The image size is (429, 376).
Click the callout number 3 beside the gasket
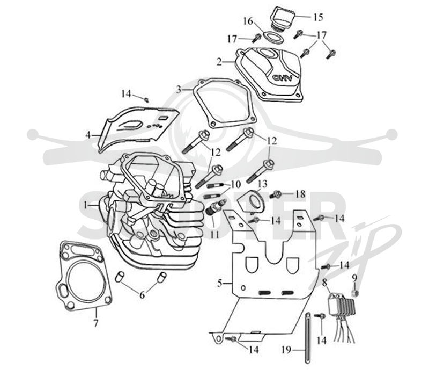[x=179, y=89]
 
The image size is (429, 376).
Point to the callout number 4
[x=88, y=135]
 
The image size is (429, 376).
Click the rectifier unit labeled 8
[x=342, y=304]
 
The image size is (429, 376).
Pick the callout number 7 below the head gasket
[x=95, y=324]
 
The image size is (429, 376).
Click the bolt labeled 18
[x=276, y=195]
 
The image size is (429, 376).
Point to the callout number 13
[x=262, y=184]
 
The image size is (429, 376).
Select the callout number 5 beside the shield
[x=220, y=283]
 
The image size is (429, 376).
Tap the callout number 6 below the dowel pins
[x=142, y=295]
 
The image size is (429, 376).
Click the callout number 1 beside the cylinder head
[x=86, y=205]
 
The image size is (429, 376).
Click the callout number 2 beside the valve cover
[x=219, y=62]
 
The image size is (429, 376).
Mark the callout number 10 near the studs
[x=235, y=185]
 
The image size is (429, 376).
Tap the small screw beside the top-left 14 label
[x=146, y=99]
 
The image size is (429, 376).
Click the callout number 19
[x=286, y=350]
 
